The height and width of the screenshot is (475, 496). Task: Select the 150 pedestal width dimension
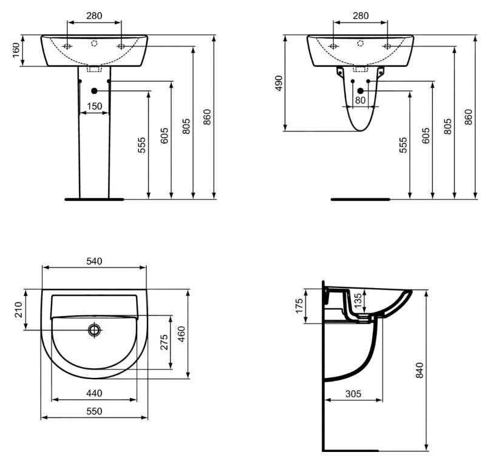[x=94, y=107]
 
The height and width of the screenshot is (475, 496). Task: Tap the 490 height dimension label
[x=279, y=83]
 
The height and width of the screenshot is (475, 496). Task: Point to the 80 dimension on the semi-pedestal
[x=361, y=101]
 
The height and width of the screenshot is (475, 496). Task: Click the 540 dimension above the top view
[x=94, y=261]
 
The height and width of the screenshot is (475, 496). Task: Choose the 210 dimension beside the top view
[x=18, y=310]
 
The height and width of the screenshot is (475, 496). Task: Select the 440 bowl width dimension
[x=94, y=393]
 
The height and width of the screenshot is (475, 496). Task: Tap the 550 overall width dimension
[x=94, y=411]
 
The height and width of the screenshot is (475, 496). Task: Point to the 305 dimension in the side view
[x=353, y=394]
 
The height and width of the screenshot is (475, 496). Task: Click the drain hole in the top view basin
[x=94, y=329]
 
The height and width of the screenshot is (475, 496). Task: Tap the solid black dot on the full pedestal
[x=94, y=91]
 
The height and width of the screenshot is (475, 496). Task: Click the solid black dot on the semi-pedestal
[x=361, y=90]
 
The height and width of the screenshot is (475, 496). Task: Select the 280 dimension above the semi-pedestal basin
[x=361, y=16]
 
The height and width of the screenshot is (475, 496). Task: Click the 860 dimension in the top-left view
[x=207, y=116]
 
